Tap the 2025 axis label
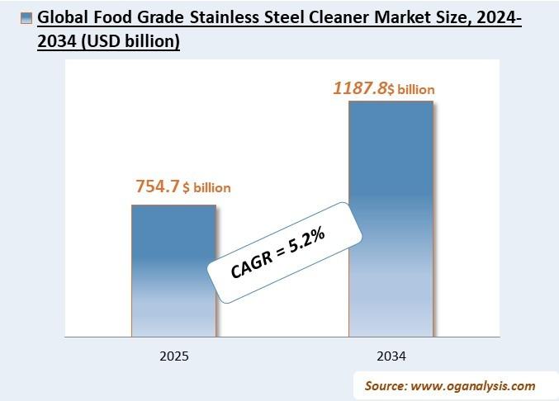click(x=173, y=356)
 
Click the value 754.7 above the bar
click(x=158, y=186)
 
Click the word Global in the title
click(x=59, y=18)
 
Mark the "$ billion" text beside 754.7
click(x=207, y=188)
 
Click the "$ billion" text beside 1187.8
click(x=411, y=89)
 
